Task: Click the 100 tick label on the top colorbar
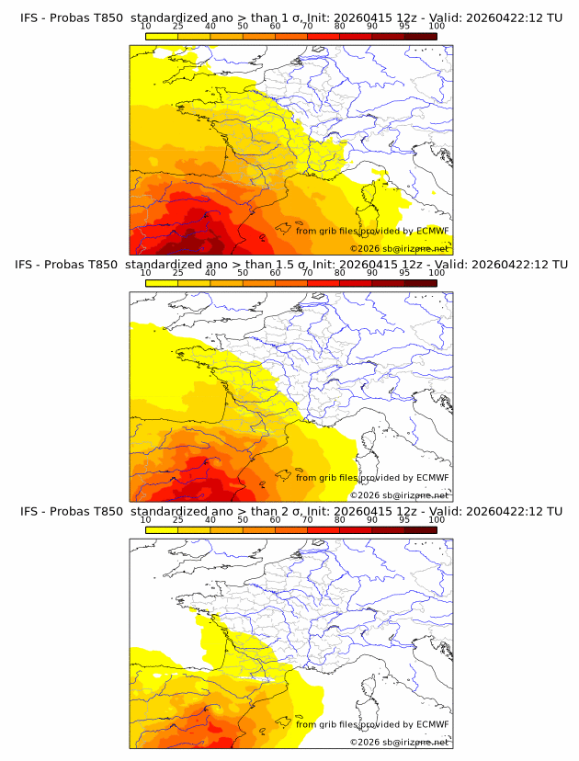[x=437, y=26]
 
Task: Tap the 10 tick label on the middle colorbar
[x=146, y=272]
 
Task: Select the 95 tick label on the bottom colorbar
[x=405, y=519]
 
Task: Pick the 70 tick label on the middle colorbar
[x=308, y=272]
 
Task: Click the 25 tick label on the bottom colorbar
[x=178, y=519]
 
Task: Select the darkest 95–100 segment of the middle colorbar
[x=421, y=283]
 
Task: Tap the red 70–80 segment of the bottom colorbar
[x=324, y=530]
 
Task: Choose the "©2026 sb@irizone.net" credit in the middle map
[x=400, y=495]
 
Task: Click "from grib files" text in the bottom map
[x=324, y=724]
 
